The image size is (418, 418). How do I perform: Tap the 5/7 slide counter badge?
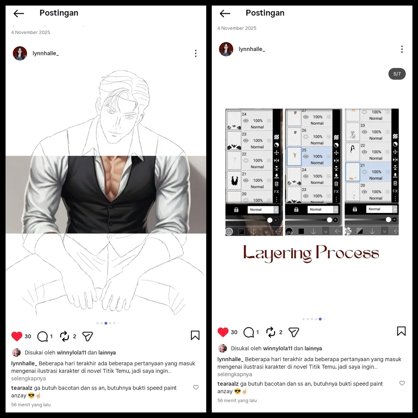[x=397, y=74]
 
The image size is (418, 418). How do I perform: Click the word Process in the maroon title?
[x=347, y=253]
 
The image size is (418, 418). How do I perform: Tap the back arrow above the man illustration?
[x=19, y=14]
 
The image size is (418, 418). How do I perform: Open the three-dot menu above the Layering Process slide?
[x=402, y=49]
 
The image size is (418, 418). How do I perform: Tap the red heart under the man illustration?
[x=17, y=336]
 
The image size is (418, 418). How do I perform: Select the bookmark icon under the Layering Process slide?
[x=401, y=331]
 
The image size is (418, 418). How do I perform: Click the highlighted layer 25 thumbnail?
[x=294, y=156]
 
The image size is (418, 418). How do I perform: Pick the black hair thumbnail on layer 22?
[x=353, y=151]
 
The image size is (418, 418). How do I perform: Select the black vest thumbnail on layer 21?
[x=234, y=181]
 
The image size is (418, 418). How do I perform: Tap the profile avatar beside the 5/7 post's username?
[x=226, y=49]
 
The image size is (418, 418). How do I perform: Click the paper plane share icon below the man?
[x=87, y=336]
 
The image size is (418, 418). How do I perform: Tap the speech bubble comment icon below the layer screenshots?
[x=248, y=332]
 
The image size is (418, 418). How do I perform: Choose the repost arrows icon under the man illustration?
[x=64, y=336]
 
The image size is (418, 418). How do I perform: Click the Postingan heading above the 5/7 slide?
[x=265, y=13]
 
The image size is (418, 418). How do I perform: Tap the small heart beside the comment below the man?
[x=196, y=387]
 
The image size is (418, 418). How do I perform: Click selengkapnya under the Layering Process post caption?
[x=235, y=374]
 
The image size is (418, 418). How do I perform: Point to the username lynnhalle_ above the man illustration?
[x=46, y=53]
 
